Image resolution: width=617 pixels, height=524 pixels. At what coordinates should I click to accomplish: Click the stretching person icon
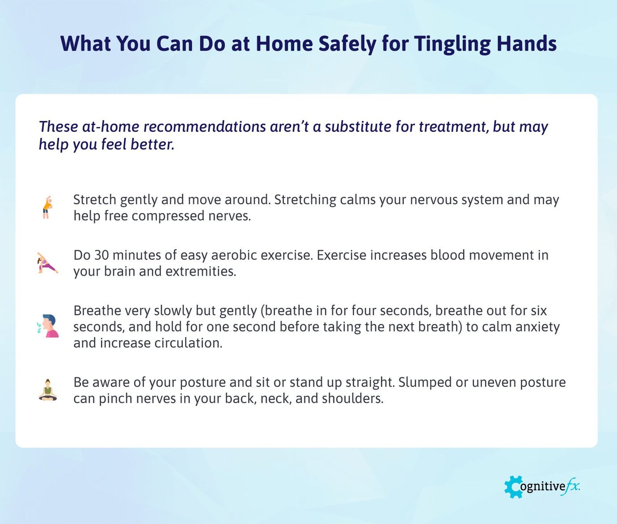[47, 207]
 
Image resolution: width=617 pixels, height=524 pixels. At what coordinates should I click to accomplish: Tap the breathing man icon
[49, 326]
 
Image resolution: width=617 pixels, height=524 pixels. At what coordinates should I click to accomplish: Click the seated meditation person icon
[48, 390]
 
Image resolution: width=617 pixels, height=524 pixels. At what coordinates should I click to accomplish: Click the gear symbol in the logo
[513, 486]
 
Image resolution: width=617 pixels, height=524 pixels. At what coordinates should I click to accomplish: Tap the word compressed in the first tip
[168, 216]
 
